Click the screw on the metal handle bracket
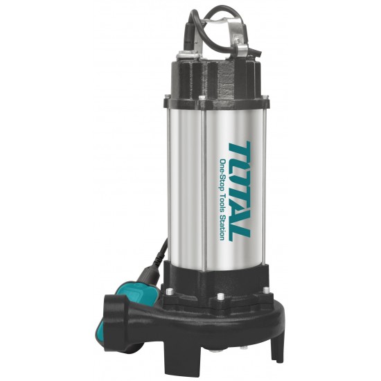(237, 37)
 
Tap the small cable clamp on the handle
(242, 48)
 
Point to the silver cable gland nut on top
(186, 55)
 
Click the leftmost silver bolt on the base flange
(169, 291)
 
